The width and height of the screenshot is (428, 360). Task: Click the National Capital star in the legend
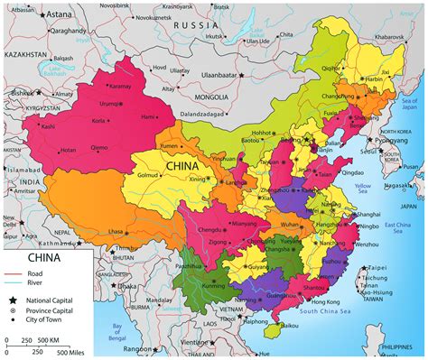click(x=13, y=300)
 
